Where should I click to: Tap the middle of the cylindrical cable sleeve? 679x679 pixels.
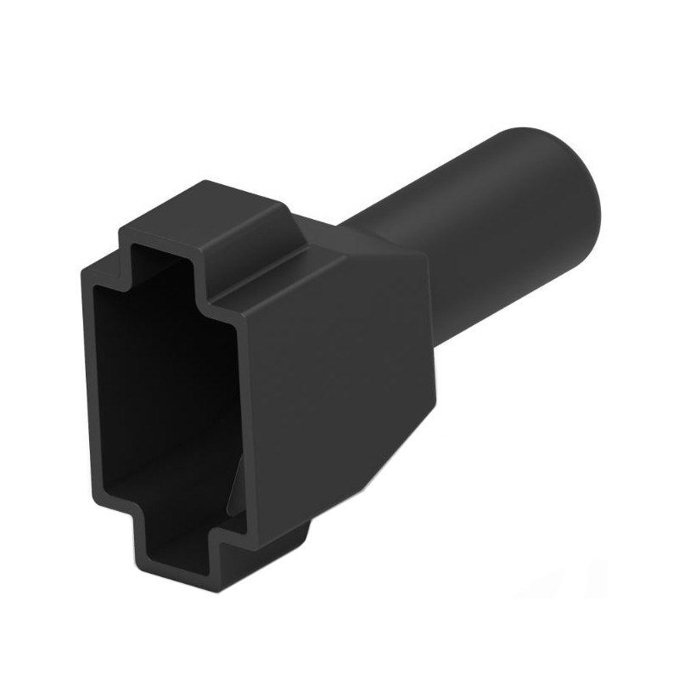click(475, 238)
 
